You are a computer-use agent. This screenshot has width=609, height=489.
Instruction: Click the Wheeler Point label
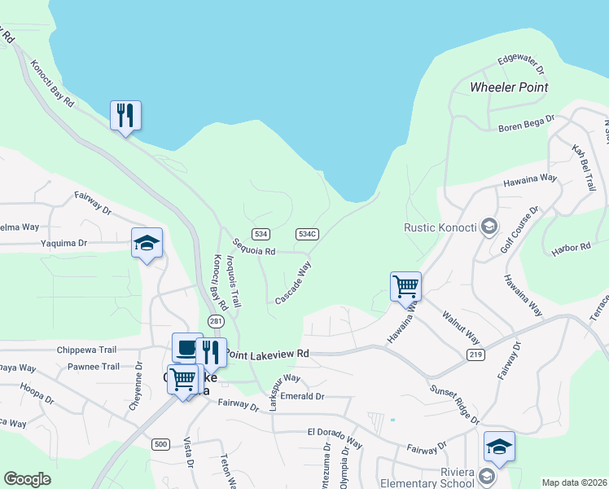point(509,87)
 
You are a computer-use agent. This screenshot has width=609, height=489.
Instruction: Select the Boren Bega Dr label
point(526,123)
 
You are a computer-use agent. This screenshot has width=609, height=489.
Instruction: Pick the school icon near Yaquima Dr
point(147,242)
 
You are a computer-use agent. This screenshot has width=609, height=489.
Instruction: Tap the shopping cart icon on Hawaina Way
point(405,286)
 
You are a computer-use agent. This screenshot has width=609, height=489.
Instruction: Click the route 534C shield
point(306,234)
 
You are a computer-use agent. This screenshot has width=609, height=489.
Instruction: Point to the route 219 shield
point(477,355)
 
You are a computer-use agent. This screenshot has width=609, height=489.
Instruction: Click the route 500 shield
point(160,443)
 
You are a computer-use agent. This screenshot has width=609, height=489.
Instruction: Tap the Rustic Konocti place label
point(439,227)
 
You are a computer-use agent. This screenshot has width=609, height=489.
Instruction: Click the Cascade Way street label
point(293,283)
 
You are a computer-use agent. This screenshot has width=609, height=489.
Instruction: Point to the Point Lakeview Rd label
point(268,354)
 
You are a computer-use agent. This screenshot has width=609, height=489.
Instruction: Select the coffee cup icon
point(186,347)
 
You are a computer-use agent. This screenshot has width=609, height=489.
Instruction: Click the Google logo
point(27,479)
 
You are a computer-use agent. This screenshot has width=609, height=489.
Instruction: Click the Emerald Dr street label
point(302,396)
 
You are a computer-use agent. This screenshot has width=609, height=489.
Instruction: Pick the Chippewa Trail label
point(87,350)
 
